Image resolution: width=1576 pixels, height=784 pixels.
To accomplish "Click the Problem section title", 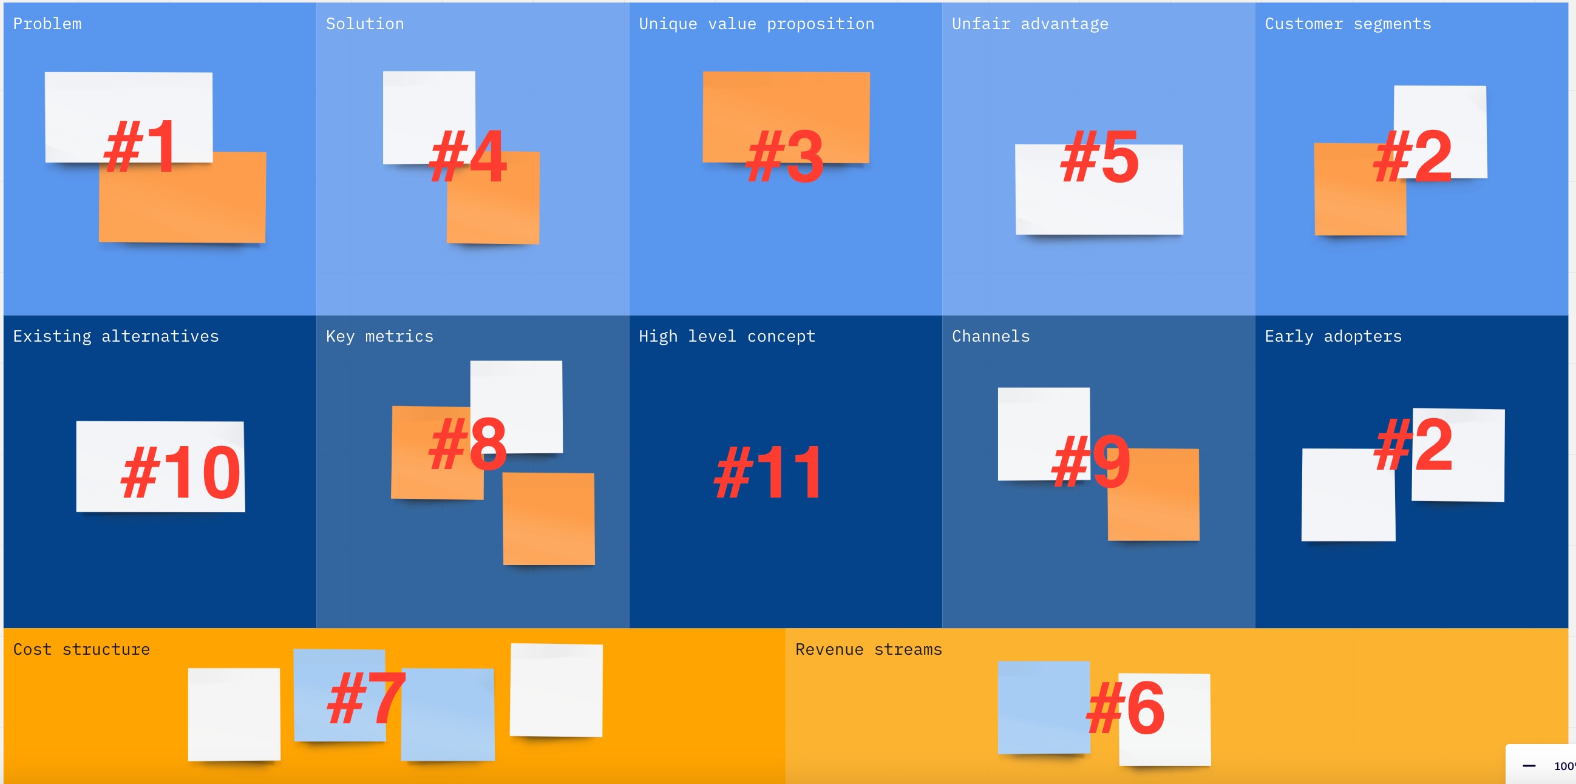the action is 47,24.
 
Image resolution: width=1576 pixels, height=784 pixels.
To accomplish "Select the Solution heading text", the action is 365,24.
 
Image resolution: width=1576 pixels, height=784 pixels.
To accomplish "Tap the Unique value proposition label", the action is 756,24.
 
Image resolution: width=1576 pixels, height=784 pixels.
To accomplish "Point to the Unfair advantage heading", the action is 1030,24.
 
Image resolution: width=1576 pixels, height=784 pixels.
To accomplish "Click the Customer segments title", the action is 1348,24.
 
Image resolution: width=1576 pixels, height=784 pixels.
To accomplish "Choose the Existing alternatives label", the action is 115,337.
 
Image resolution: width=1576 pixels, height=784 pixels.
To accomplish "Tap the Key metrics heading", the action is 379,337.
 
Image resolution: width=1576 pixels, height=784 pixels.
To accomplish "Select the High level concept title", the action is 727,337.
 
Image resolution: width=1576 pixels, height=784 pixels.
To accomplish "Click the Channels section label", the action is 991,336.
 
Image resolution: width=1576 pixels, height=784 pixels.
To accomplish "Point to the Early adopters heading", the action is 1333,337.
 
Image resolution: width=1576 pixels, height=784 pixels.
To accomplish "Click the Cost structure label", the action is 81,649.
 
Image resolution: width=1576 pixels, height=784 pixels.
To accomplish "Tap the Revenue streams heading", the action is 868,649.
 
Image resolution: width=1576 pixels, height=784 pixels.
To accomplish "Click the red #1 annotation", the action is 141,147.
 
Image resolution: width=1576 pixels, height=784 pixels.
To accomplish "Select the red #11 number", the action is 769,471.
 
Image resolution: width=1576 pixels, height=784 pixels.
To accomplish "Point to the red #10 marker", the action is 181,471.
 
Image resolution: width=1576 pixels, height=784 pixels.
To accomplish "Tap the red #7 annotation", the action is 366,698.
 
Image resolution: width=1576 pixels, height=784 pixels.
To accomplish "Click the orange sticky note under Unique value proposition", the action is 786,117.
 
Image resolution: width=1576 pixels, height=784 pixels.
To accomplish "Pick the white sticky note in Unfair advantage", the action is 1099,189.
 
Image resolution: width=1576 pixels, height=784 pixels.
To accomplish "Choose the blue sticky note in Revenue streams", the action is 1044,708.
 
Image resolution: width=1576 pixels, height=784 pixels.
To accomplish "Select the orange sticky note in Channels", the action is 1153,495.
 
